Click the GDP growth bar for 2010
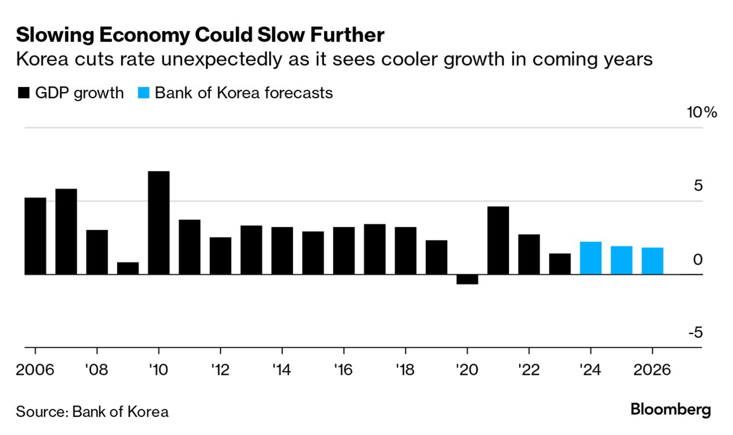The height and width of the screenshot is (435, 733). pos(159,223)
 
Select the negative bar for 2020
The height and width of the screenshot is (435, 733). pos(467,279)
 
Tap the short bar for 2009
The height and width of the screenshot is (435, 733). pos(128,268)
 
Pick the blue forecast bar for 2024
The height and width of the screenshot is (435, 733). pos(591,258)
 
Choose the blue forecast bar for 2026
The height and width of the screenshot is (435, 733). pos(652,261)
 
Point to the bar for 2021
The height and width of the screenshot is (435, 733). pos(498,240)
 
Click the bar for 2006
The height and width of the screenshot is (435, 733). pos(35,236)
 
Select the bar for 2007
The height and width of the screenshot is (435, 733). pos(66,231)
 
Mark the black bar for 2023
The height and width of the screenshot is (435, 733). pos(560,263)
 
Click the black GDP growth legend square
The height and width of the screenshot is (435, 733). pos(23,93)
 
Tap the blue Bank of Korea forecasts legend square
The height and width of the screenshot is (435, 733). pos(144,93)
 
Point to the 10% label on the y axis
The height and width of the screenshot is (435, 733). pos(702,112)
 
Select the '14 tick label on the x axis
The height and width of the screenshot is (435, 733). pos(281,370)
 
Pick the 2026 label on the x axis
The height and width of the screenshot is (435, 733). pos(651,370)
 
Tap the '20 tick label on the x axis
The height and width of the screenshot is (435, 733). pos(466,370)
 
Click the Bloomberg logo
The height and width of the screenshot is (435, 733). pos(670,410)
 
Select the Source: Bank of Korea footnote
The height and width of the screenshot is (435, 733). pos(92,411)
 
